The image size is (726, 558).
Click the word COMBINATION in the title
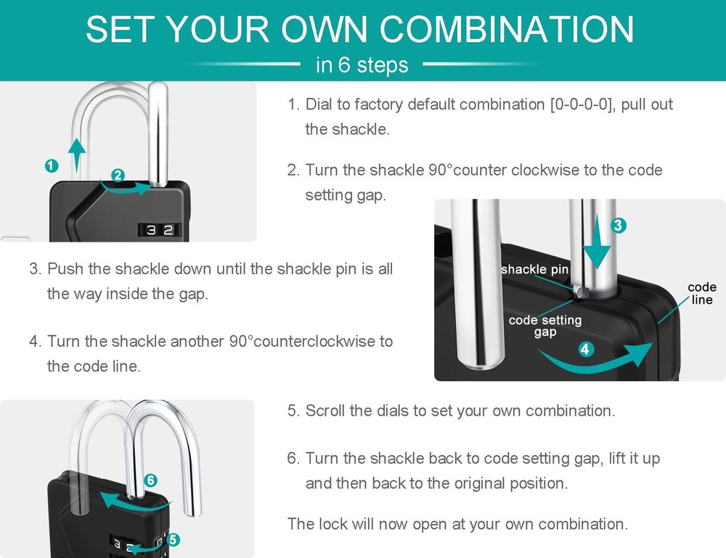tap(507, 29)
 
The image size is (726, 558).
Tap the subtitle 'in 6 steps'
tap(362, 65)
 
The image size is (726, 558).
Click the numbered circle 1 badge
tap(51, 165)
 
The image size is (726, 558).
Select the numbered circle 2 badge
tap(118, 175)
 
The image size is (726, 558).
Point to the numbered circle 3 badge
tap(617, 226)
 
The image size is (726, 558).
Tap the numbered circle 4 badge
tap(586, 349)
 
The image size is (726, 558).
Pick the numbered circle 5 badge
tap(173, 539)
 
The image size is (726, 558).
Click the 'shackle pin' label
tap(534, 269)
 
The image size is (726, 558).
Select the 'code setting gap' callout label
tap(544, 326)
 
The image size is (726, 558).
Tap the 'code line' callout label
tap(701, 293)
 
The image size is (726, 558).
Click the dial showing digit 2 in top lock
tap(168, 230)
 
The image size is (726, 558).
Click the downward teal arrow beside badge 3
tap(598, 247)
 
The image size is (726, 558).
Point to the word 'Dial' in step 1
tap(318, 104)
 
